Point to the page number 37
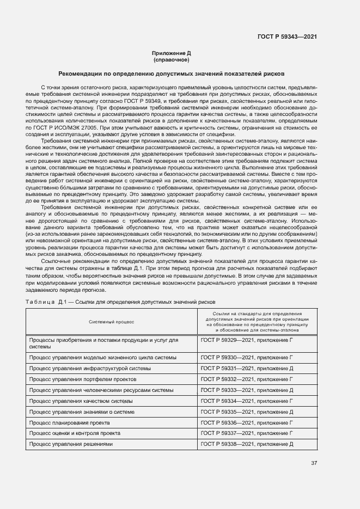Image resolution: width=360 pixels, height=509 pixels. point(314,463)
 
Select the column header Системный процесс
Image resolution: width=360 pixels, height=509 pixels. point(112,322)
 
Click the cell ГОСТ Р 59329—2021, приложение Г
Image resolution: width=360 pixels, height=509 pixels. point(247,340)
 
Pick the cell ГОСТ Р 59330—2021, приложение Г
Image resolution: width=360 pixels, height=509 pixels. point(247,358)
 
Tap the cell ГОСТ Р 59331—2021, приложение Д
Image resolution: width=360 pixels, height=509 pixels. point(247,369)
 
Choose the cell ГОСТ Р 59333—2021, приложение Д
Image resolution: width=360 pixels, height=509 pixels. point(247,390)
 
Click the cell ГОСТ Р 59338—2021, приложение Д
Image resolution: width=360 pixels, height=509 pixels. point(247,444)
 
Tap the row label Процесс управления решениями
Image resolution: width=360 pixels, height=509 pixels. point(70,444)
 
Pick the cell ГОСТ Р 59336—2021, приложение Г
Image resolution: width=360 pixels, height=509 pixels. point(247,422)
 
